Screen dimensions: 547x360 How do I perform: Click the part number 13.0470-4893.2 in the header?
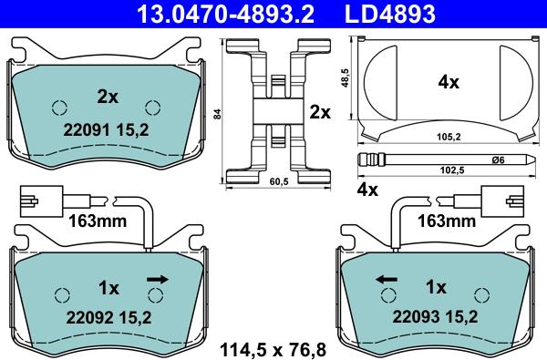click(x=225, y=14)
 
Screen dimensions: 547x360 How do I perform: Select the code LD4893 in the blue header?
click(x=390, y=14)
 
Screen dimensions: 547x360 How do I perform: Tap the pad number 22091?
click(x=87, y=130)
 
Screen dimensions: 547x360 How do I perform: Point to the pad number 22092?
click(x=89, y=318)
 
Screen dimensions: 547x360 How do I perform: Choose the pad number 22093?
click(x=416, y=317)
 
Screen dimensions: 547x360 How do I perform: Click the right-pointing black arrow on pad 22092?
click(x=158, y=279)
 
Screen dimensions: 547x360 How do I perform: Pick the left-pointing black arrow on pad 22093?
click(x=387, y=279)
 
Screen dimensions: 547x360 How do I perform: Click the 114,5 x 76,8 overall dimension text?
click(x=273, y=350)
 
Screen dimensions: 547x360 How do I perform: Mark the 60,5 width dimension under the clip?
click(x=279, y=181)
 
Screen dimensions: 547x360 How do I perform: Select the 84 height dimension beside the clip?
click(x=217, y=114)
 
